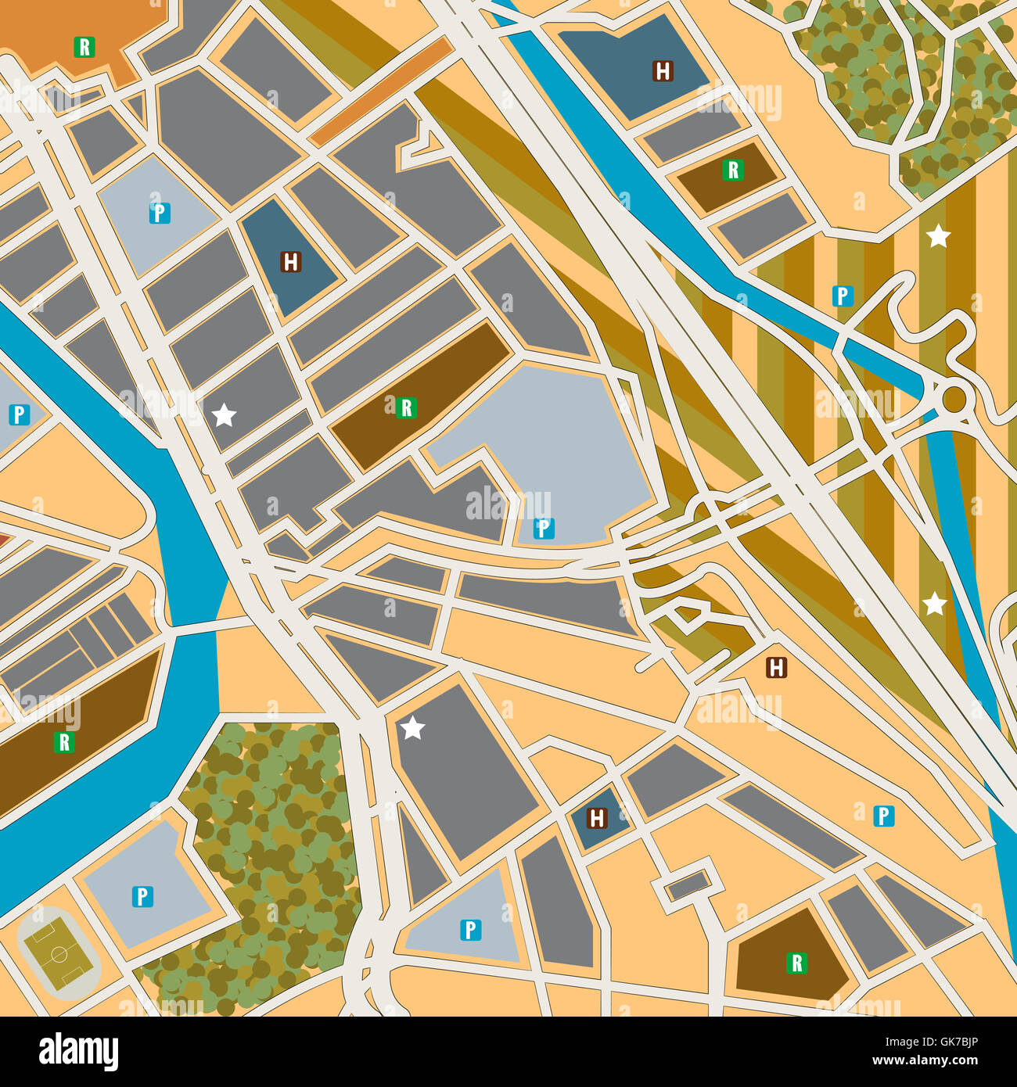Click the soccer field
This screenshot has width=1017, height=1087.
click(59, 952)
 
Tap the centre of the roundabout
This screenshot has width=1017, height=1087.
click(954, 398)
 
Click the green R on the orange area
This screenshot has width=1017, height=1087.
click(84, 48)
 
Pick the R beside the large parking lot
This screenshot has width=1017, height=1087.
click(405, 407)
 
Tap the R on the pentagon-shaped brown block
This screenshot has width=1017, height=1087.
click(796, 963)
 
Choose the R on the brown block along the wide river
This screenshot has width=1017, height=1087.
click(64, 741)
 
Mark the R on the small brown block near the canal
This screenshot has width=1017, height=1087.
click(732, 170)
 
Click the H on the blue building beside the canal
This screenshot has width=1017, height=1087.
click(663, 71)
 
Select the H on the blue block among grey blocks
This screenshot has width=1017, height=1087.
click(291, 261)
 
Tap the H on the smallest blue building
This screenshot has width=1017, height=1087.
click(597, 818)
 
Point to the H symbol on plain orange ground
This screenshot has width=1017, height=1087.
click(775, 667)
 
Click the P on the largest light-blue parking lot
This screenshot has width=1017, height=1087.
click(543, 529)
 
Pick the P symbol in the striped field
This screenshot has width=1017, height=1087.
click(842, 296)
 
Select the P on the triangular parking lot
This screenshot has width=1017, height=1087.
click(469, 929)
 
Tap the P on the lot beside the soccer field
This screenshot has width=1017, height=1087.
click(142, 896)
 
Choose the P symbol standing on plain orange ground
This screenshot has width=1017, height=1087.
click(883, 816)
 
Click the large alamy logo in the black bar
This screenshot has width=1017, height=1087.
click(79, 1051)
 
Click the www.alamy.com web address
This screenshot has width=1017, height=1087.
click(925, 1061)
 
